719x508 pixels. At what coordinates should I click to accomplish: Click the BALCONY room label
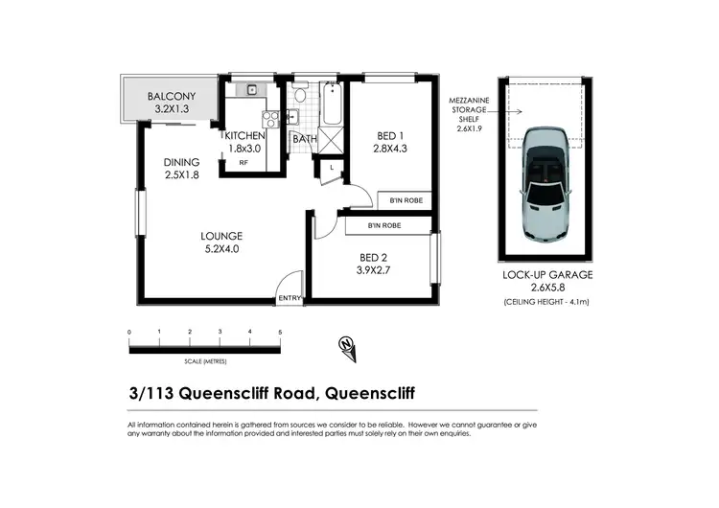point(172,103)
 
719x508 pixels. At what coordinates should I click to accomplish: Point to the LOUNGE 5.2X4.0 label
point(220,242)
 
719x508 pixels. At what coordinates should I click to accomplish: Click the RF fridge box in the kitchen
point(244,163)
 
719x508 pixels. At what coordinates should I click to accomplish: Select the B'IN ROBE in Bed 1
point(408,200)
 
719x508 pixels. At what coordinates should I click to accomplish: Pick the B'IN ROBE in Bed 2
point(383,225)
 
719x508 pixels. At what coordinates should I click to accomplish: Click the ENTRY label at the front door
point(289,298)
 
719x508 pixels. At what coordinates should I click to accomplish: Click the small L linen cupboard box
point(331,169)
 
